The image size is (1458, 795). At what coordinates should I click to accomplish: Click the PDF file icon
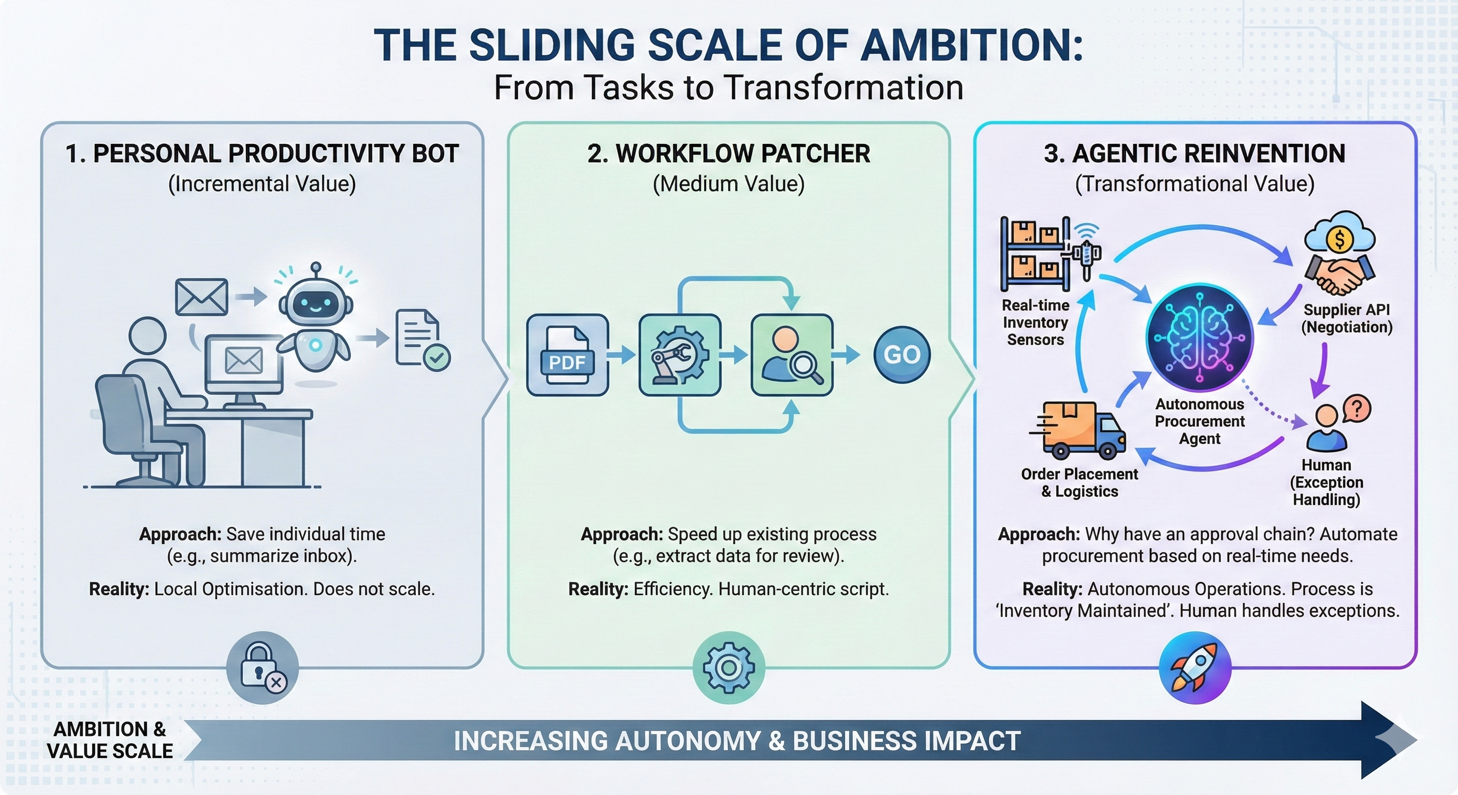tap(567, 355)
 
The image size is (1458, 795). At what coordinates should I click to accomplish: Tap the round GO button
tap(901, 355)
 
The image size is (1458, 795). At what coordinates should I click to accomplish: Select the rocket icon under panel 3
tap(1195, 668)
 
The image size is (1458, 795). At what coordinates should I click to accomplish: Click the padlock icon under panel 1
tap(262, 668)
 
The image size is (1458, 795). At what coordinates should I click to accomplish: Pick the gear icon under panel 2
tap(728, 668)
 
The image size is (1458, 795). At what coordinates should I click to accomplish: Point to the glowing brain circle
tap(1199, 338)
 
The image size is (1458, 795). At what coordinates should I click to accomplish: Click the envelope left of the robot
tap(201, 297)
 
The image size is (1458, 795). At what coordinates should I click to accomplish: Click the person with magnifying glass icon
tap(791, 355)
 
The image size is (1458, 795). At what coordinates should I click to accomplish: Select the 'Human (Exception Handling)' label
tap(1326, 482)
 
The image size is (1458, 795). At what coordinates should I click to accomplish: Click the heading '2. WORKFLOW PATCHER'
tap(728, 154)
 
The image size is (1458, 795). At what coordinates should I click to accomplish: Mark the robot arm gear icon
tap(679, 355)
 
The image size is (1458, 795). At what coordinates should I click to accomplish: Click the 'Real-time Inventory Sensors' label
tap(1035, 322)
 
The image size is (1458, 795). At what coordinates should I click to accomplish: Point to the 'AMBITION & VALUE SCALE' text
tap(109, 740)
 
